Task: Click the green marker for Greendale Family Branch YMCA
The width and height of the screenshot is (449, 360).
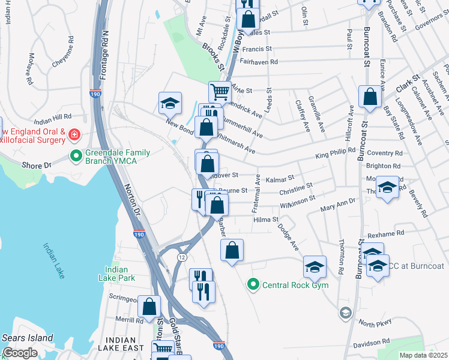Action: pyautogui.click(x=76, y=157)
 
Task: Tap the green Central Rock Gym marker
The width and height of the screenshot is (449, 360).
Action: pyautogui.click(x=254, y=284)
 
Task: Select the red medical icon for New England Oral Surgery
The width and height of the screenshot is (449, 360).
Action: pyautogui.click(x=74, y=134)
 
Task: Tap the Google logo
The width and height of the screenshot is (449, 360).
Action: pyautogui.click(x=20, y=353)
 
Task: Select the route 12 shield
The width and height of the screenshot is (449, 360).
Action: pyautogui.click(x=181, y=256)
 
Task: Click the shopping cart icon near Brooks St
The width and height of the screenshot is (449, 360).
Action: pyautogui.click(x=220, y=92)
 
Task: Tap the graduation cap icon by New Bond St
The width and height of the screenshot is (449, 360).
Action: pyautogui.click(x=170, y=103)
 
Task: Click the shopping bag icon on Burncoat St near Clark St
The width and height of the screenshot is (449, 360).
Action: pyautogui.click(x=370, y=97)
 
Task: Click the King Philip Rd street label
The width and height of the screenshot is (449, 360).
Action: pyautogui.click(x=336, y=155)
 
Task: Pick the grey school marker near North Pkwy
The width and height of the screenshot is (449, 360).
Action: pyautogui.click(x=345, y=313)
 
